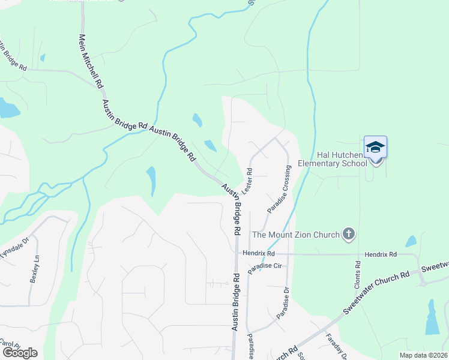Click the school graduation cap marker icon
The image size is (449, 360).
[x=376, y=147]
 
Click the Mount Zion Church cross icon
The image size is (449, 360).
[x=348, y=234]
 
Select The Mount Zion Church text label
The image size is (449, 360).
[x=295, y=234]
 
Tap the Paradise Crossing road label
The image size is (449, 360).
[x=279, y=188]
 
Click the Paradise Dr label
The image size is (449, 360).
[x=283, y=303]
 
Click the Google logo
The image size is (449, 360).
[x=20, y=353]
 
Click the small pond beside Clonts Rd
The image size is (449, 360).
[x=411, y=241]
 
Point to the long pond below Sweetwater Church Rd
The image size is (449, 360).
[x=432, y=318]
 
